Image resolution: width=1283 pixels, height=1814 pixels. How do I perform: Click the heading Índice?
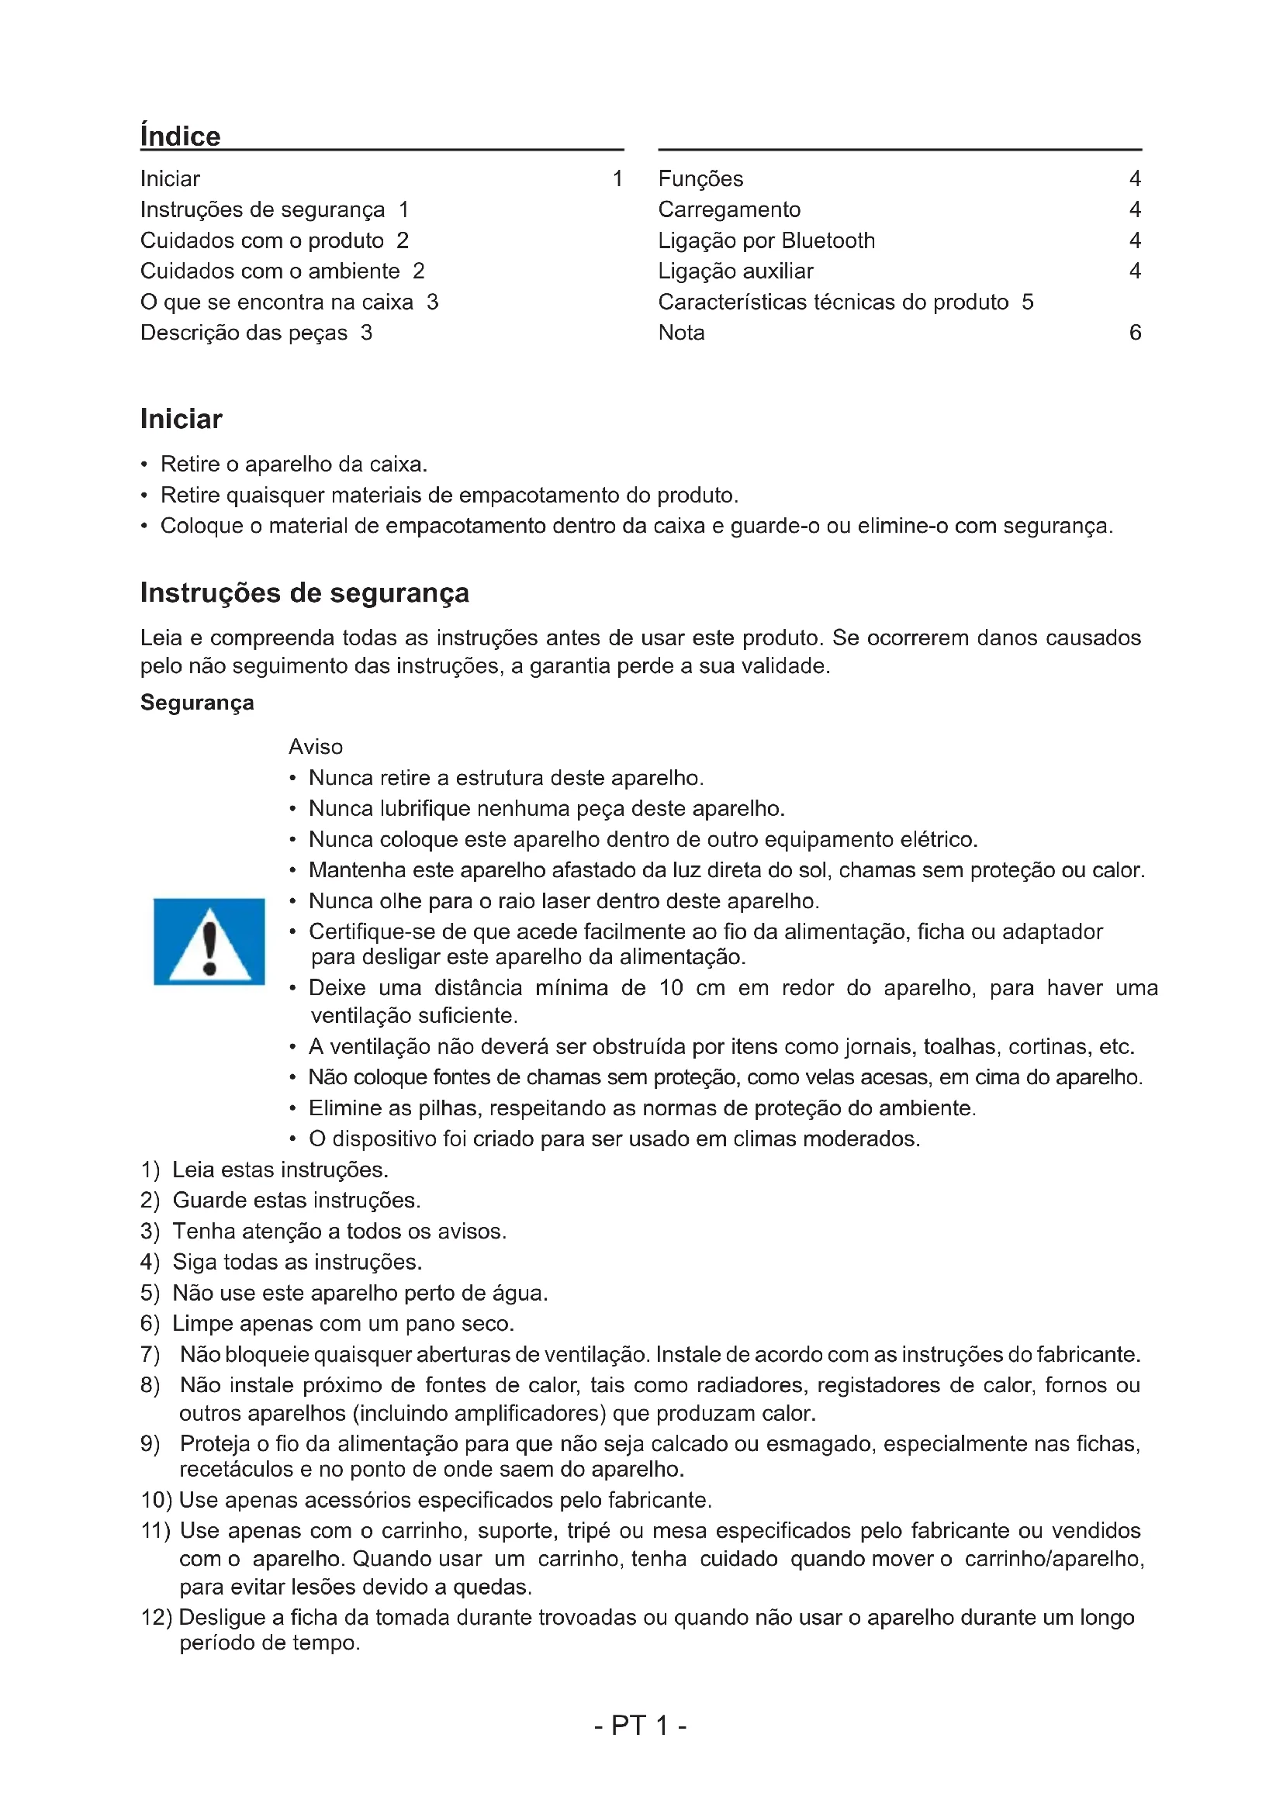[x=180, y=136]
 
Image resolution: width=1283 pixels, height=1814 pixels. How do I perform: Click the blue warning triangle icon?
[x=209, y=941]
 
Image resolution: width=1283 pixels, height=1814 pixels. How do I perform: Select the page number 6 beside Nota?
[x=1135, y=333]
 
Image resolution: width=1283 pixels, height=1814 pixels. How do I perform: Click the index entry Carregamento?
[x=729, y=209]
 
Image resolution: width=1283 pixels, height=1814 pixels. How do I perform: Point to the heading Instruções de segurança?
[x=304, y=593]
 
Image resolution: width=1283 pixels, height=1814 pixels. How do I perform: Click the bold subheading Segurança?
[x=197, y=703]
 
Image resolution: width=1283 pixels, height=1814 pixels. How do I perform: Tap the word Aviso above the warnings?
[x=316, y=747]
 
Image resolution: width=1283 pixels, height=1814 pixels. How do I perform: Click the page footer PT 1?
[x=640, y=1725]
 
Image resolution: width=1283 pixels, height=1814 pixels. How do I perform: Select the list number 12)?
[x=156, y=1617]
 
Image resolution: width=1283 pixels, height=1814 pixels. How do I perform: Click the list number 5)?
[x=150, y=1293]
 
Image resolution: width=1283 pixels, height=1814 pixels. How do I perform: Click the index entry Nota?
[x=681, y=333]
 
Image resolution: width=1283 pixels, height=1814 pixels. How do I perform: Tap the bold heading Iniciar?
[x=181, y=419]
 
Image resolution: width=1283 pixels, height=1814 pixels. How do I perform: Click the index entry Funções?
[x=700, y=178]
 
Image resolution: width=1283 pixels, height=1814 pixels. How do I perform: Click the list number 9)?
[x=150, y=1443]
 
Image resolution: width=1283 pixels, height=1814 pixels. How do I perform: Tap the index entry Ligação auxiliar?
[x=735, y=271]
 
